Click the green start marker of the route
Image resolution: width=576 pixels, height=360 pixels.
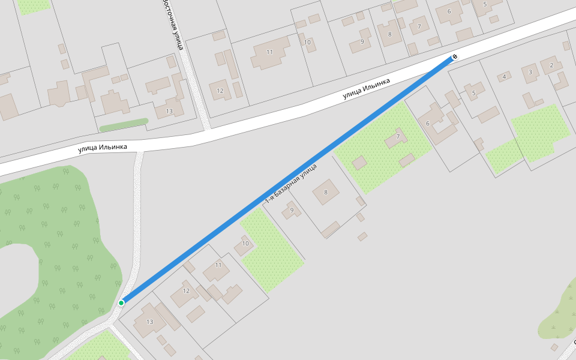(121, 303)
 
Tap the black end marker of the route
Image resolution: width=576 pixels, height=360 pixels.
(454, 56)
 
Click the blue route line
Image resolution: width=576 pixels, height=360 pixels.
(288, 179)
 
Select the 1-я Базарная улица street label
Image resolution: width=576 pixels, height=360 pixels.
(291, 182)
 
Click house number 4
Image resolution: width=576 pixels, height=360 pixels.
(504, 76)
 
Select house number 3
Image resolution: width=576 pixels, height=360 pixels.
(530, 73)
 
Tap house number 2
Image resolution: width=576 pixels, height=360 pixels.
(551, 65)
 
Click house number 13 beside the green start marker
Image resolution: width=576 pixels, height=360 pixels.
(149, 322)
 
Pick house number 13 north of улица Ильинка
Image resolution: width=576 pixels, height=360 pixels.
(169, 111)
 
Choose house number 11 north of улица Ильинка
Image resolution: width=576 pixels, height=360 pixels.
(269, 52)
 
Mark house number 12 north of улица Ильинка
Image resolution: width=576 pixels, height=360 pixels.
(220, 91)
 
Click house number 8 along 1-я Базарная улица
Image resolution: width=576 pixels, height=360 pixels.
(326, 192)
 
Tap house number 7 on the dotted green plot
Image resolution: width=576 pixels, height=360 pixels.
(398, 137)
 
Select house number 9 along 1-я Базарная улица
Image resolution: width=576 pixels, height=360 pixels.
(292, 210)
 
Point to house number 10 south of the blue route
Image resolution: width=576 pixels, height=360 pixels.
(245, 244)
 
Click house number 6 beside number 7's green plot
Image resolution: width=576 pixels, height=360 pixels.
(428, 123)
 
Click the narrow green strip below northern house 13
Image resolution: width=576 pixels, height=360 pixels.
(124, 125)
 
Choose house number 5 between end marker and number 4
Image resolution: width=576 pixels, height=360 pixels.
(474, 92)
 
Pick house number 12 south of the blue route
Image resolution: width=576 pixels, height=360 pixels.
(187, 291)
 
